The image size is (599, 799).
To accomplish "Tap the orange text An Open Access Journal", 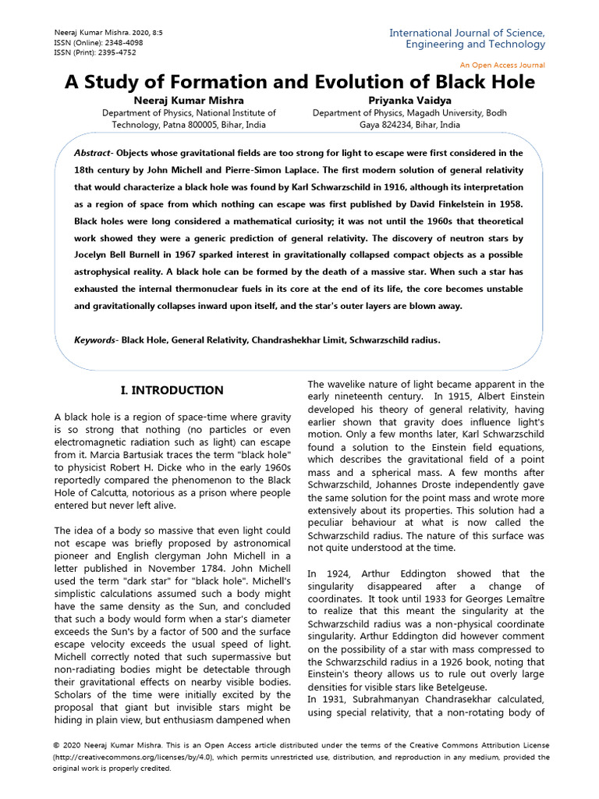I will [503, 65].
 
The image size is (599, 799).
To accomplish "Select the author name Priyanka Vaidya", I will [409, 100].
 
